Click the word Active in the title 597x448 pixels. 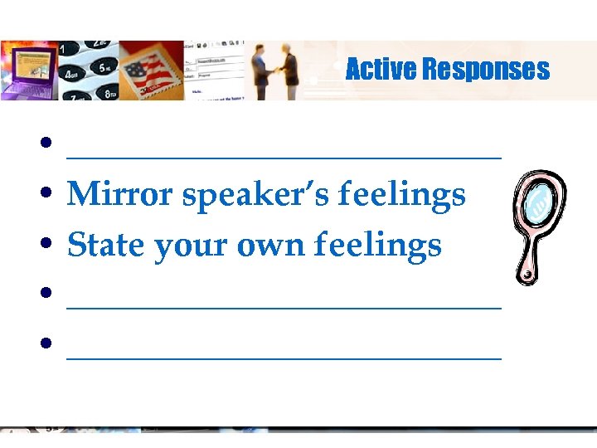pos(381,69)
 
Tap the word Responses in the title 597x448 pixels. pos(485,69)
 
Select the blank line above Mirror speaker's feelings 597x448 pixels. pos(284,155)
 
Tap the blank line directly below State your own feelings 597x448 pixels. pos(284,307)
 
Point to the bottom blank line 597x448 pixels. pos(284,357)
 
